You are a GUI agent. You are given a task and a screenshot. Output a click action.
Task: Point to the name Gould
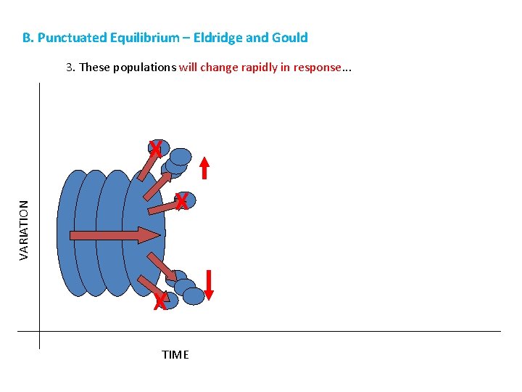pyautogui.click(x=289, y=38)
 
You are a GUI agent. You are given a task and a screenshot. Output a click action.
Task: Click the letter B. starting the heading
pyautogui.click(x=28, y=38)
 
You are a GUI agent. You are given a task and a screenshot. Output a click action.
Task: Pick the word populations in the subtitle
pyautogui.click(x=143, y=68)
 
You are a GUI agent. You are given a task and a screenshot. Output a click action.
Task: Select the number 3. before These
pyautogui.click(x=70, y=68)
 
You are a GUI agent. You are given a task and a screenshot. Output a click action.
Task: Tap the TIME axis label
pyautogui.click(x=175, y=355)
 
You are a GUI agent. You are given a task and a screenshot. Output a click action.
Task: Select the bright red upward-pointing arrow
pyautogui.click(x=204, y=167)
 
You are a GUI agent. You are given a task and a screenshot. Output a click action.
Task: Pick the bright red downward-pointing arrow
pyautogui.click(x=209, y=284)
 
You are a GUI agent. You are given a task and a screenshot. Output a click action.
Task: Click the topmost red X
pyautogui.click(x=154, y=150)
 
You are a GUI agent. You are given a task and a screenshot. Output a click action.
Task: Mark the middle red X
pyautogui.click(x=182, y=202)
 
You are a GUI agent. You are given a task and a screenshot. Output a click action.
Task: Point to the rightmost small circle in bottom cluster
pyautogui.click(x=194, y=295)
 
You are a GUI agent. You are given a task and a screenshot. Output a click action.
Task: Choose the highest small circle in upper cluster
pyautogui.click(x=181, y=156)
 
